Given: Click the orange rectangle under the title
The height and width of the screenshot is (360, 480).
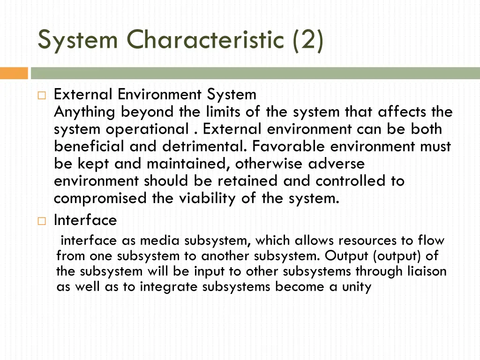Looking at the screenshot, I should (14, 74).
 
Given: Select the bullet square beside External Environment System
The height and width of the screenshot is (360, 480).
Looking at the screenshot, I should (41, 96).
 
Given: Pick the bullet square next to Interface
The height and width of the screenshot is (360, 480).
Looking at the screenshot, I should (41, 221).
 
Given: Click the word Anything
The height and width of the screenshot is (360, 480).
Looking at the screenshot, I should (85, 112).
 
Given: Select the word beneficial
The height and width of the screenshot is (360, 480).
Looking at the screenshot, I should (90, 147).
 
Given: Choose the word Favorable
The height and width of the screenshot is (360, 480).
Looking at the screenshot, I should (289, 147).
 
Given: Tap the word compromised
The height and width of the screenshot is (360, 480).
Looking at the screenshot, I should (100, 199).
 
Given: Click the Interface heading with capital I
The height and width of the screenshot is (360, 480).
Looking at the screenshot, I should (85, 220).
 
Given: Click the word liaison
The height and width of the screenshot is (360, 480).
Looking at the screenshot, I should (427, 271).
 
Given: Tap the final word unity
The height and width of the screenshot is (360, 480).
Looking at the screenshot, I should (355, 287).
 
